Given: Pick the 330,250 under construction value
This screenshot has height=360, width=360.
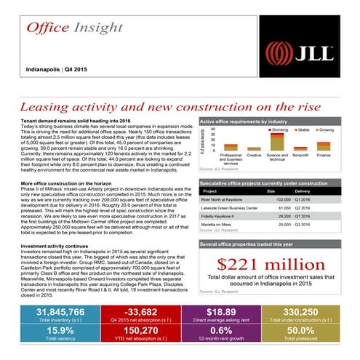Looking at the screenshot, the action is pyautogui.click(x=313, y=313).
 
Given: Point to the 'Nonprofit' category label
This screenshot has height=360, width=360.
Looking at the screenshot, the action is pyautogui.click(x=301, y=155).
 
